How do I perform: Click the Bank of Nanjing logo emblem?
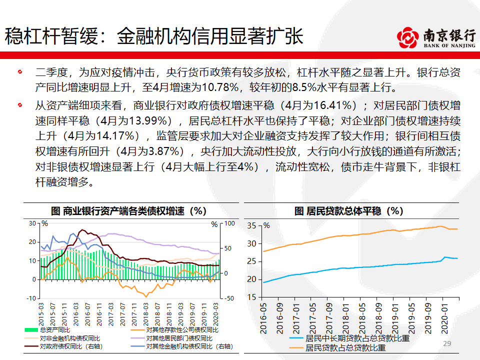(408, 37)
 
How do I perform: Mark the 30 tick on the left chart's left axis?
(33, 223)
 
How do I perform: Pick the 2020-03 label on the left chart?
(216, 313)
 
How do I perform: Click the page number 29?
(447, 343)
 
